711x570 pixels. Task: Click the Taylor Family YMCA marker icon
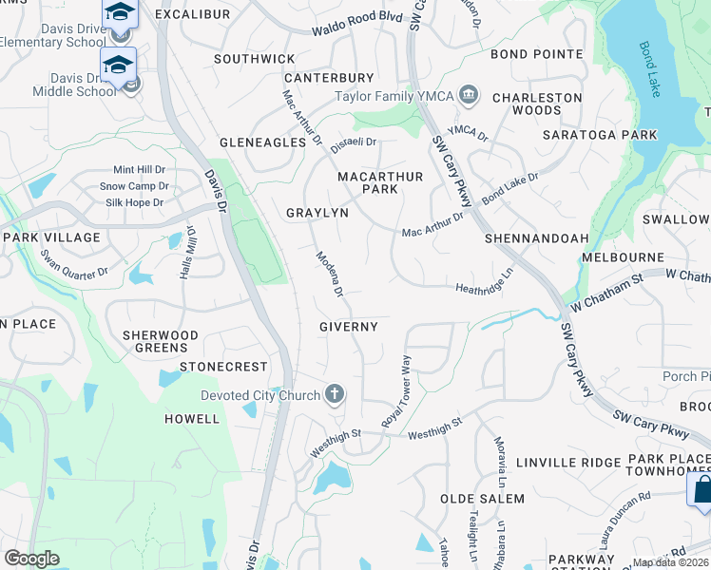pos(468,96)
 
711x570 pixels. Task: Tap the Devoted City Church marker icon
pos(334,394)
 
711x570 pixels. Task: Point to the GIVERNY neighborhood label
pos(349,327)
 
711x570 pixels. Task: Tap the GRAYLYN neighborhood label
pos(317,214)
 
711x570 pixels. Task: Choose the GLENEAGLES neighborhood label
pos(263,142)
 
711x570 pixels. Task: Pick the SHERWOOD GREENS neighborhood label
pos(161,342)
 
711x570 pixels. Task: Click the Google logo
pos(31,559)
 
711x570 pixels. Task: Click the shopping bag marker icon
pos(700,490)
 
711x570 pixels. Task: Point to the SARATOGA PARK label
pos(600,135)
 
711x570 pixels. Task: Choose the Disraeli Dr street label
pos(354,144)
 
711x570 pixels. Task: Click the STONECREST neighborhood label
pos(223,367)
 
